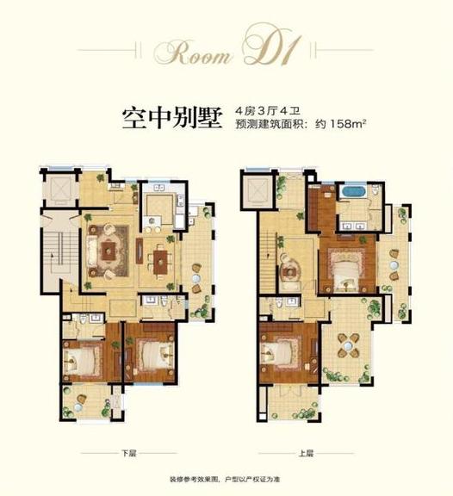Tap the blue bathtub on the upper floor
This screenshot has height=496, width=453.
[352, 190]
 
